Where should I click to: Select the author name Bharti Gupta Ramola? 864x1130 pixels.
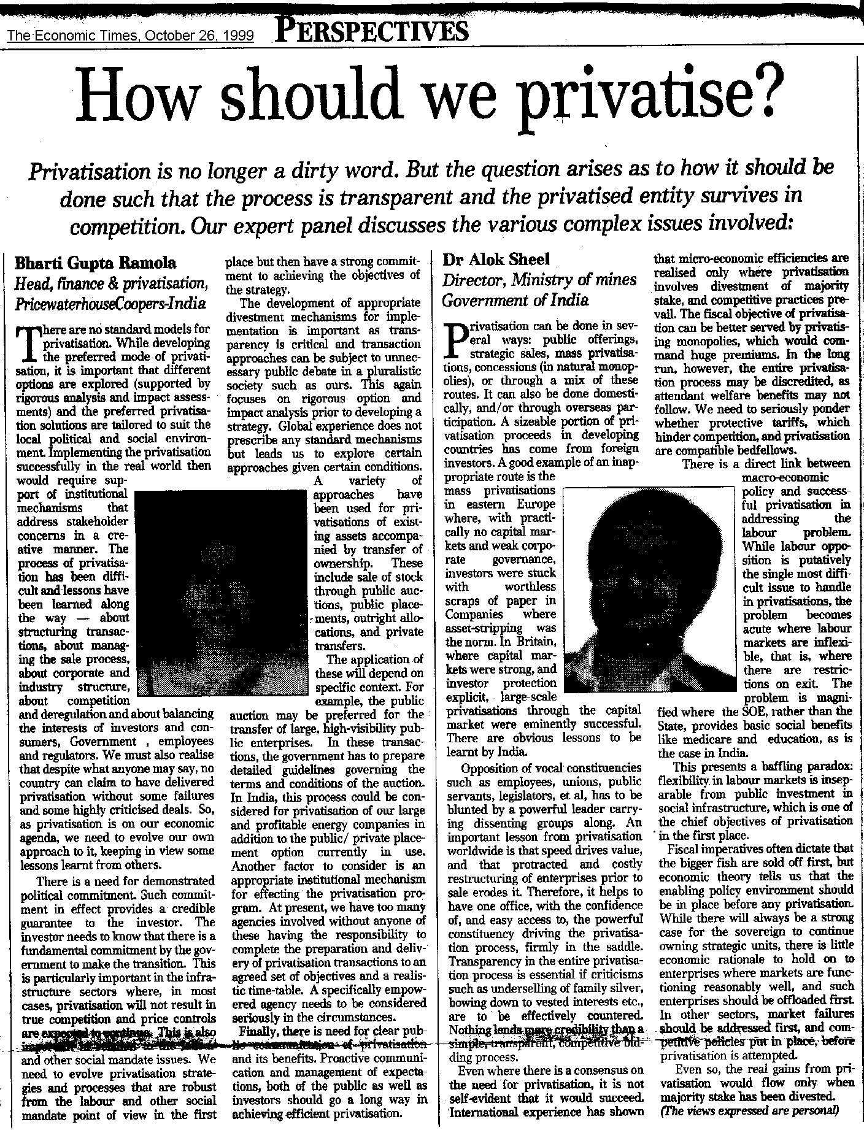click(95, 264)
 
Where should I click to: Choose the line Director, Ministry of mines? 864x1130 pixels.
click(539, 280)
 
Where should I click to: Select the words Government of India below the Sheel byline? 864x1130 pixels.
click(515, 301)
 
